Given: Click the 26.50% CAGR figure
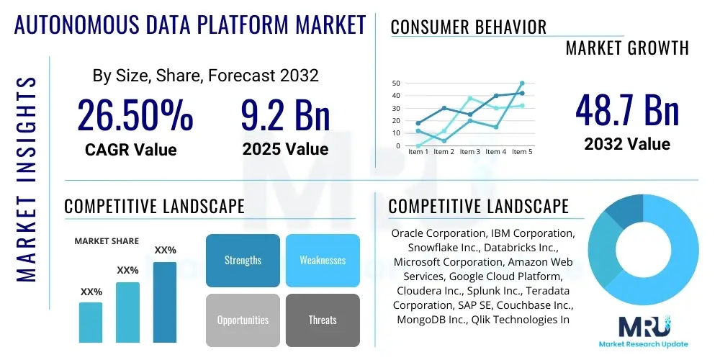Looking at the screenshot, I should pyautogui.click(x=135, y=116).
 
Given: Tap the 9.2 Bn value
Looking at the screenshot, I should pyautogui.click(x=285, y=116).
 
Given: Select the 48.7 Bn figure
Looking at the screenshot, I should pyautogui.click(x=627, y=110).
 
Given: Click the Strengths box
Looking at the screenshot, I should pyautogui.click(x=243, y=260).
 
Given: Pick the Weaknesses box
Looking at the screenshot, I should pyautogui.click(x=323, y=260).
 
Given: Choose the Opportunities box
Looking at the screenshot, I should pyautogui.click(x=243, y=320).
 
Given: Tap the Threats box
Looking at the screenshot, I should pyautogui.click(x=323, y=320).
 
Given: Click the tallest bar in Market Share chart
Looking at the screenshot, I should pyautogui.click(x=165, y=302).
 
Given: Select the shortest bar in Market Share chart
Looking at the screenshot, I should pyautogui.click(x=91, y=322).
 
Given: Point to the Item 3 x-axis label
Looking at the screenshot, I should pyautogui.click(x=470, y=152).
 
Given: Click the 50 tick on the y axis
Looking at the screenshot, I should pyautogui.click(x=395, y=84).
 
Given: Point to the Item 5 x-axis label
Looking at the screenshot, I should pyautogui.click(x=521, y=152).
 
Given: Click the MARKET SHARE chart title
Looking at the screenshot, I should pyautogui.click(x=107, y=241).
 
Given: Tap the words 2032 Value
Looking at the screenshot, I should pyautogui.click(x=627, y=144).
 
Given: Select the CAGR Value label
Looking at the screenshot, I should pyautogui.click(x=131, y=150).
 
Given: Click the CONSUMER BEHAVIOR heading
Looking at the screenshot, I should pyautogui.click(x=468, y=27).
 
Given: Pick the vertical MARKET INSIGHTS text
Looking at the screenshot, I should pyautogui.click(x=26, y=176).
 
